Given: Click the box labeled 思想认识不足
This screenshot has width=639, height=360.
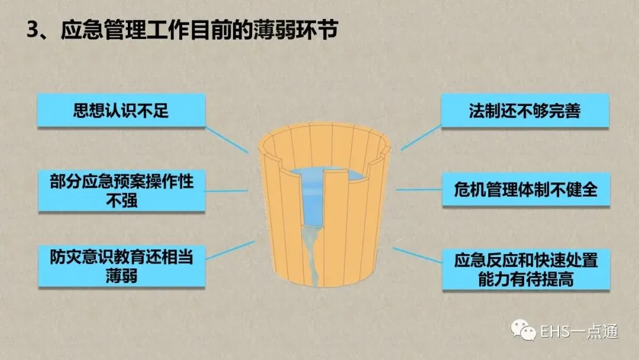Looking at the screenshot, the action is point(121,110).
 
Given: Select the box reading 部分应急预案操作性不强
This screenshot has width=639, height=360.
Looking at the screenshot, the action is point(121,191).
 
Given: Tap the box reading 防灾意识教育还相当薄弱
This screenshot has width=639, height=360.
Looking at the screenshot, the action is point(121,266).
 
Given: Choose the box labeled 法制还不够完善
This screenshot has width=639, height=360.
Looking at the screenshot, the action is point(525,110).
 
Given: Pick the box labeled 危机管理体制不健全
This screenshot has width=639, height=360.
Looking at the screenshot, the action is point(525,189).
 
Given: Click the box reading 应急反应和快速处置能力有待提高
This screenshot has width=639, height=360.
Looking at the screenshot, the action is point(525,269).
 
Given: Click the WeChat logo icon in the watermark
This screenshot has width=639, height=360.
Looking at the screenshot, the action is point(522,330).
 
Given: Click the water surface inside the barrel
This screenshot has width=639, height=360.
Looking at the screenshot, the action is point(331,175).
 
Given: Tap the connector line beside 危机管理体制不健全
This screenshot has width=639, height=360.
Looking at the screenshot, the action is point(418,190).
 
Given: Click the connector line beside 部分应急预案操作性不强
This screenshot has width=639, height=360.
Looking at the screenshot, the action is point(227,191).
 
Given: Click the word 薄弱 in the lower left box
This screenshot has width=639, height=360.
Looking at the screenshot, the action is point(121,276).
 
